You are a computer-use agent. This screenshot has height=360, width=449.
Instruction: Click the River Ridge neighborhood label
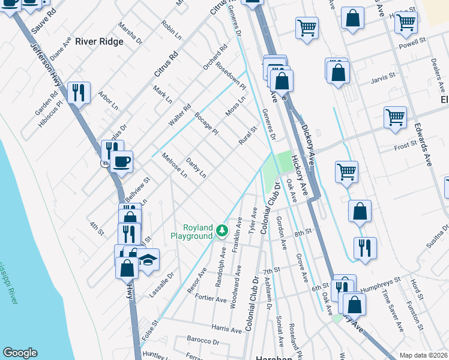click(99, 41)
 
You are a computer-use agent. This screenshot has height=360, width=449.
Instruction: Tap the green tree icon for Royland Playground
click(222, 230)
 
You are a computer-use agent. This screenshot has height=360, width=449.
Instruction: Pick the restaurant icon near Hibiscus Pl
click(79, 92)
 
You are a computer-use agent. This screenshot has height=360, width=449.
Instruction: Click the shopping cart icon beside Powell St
click(406, 22)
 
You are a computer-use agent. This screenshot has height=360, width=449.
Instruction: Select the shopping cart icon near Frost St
click(395, 118)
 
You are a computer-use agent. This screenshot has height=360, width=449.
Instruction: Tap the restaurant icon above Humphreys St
click(365, 248)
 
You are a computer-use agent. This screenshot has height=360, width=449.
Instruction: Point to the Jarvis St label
click(383, 77)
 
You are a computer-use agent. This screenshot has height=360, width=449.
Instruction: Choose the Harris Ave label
click(226, 328)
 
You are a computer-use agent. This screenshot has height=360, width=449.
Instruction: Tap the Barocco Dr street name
click(203, 341)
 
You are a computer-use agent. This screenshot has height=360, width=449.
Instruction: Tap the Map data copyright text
click(423, 355)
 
